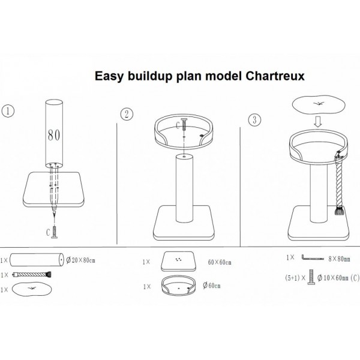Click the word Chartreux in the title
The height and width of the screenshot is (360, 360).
click(275, 76)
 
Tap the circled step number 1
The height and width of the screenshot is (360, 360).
click(8, 111)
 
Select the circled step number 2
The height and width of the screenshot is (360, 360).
click(127, 114)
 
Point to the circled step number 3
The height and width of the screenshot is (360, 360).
click(254, 120)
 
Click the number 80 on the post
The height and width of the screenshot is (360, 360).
click(54, 135)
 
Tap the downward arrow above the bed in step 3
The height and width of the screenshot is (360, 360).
click(318, 122)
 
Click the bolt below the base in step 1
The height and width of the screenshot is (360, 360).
click(55, 232)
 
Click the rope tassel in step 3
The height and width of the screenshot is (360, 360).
click(340, 211)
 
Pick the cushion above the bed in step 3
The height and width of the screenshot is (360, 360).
click(319, 104)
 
